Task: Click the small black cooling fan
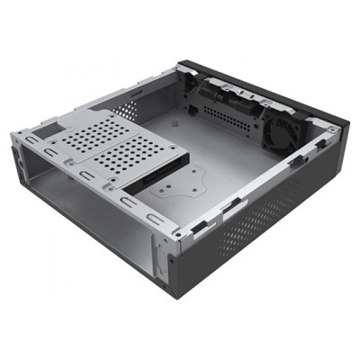point(281,133)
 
